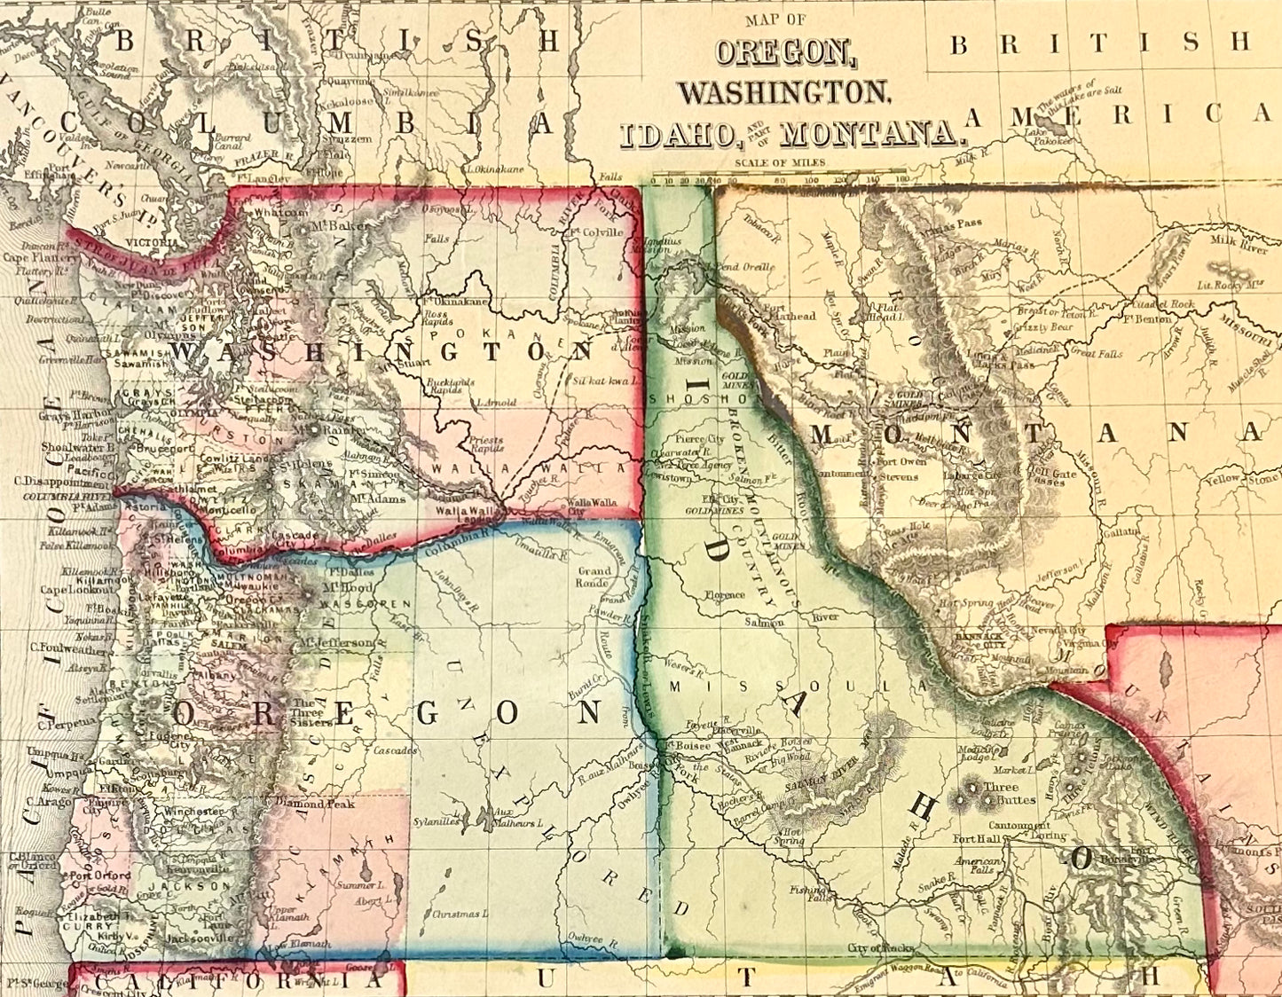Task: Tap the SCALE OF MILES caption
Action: [780, 162]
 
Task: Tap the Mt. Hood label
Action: [326, 585]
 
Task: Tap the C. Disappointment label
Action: [55, 483]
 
